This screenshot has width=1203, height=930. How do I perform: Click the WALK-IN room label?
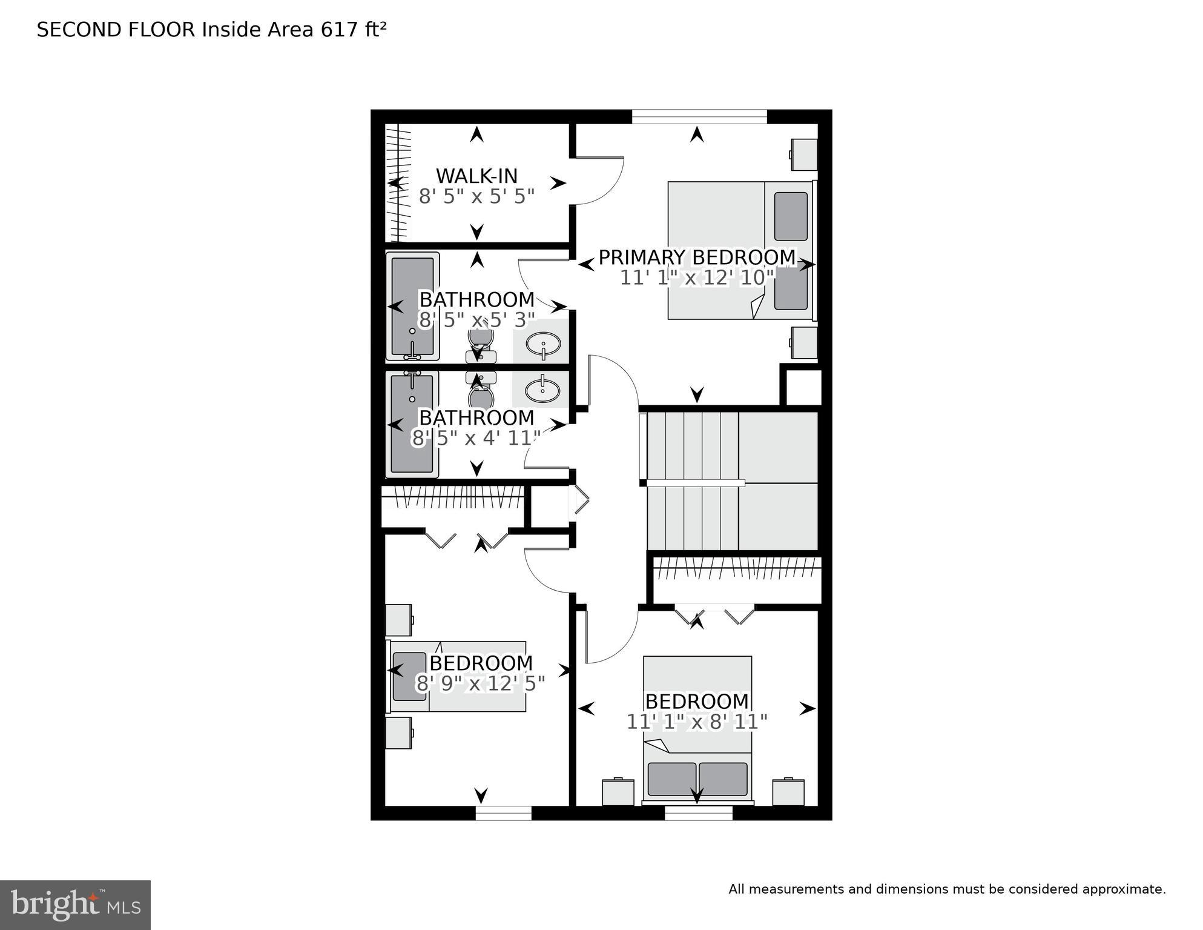476,176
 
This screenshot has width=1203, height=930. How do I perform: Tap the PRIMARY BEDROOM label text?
697,257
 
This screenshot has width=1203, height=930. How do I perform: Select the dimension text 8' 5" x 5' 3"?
476,319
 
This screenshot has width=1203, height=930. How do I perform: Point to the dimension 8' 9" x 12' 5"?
480,683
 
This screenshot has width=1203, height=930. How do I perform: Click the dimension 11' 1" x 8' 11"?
697,722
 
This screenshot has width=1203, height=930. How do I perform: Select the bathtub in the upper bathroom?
412,307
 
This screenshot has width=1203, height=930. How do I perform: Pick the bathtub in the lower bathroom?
412,423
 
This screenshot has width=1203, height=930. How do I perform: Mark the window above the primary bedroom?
699,116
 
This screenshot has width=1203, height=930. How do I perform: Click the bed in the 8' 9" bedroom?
458,676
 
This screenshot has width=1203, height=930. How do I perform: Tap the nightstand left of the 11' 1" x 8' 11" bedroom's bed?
618,792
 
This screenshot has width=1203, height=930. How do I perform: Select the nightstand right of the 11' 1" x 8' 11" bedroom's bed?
788,792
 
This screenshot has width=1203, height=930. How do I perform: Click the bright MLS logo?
75,905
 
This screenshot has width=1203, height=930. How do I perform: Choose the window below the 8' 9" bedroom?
503,812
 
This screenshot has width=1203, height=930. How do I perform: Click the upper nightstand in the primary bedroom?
804,154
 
